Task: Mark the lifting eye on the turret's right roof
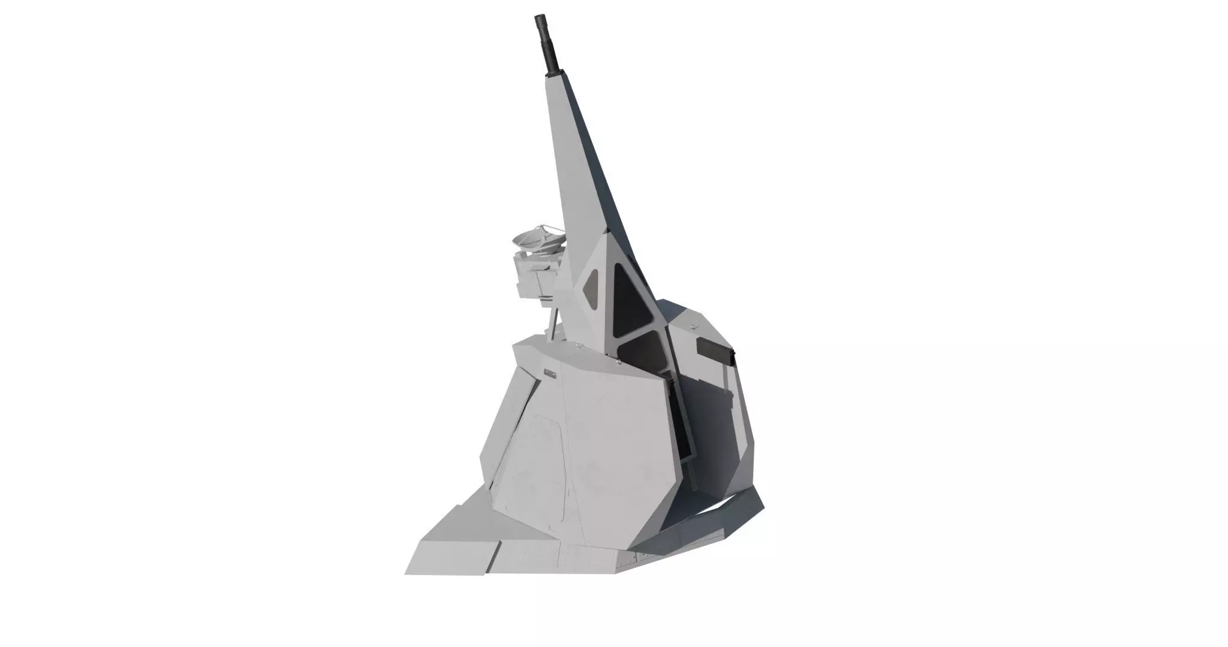(x=693, y=326)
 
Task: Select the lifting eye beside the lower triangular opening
(x=618, y=362)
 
